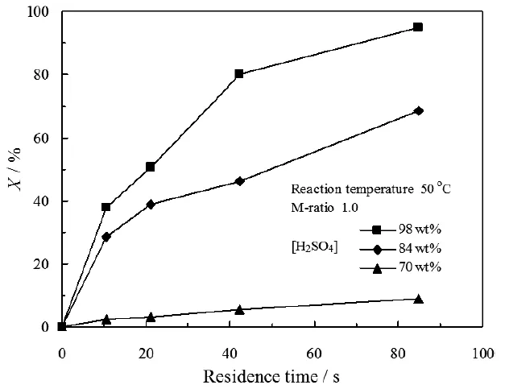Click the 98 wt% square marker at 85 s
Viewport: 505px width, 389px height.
[x=418, y=27]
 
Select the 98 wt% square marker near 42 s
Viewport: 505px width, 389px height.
[x=239, y=73]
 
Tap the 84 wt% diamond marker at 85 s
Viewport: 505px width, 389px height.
[x=418, y=110]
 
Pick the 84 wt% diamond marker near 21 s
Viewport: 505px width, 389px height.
[x=151, y=205]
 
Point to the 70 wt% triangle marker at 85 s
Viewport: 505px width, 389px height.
[x=418, y=299]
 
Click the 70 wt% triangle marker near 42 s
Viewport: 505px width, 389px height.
[x=239, y=309]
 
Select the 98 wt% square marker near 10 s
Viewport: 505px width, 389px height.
[x=106, y=207]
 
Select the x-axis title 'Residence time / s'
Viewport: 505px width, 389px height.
[x=272, y=375]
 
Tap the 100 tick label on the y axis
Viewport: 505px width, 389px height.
[x=40, y=12]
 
